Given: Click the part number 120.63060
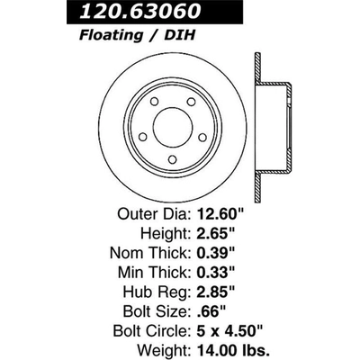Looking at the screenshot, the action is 139,11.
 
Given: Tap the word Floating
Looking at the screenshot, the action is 111,36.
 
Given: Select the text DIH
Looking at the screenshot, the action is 180,35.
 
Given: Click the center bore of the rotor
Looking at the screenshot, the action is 172,126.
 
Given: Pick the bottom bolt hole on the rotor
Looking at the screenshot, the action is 172,159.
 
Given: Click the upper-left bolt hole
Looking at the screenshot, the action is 154,102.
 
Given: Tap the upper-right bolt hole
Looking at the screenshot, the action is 191,102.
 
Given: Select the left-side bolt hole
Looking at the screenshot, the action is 143,137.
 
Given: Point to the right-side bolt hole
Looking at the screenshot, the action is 202,138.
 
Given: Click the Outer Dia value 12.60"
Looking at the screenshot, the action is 220,214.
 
